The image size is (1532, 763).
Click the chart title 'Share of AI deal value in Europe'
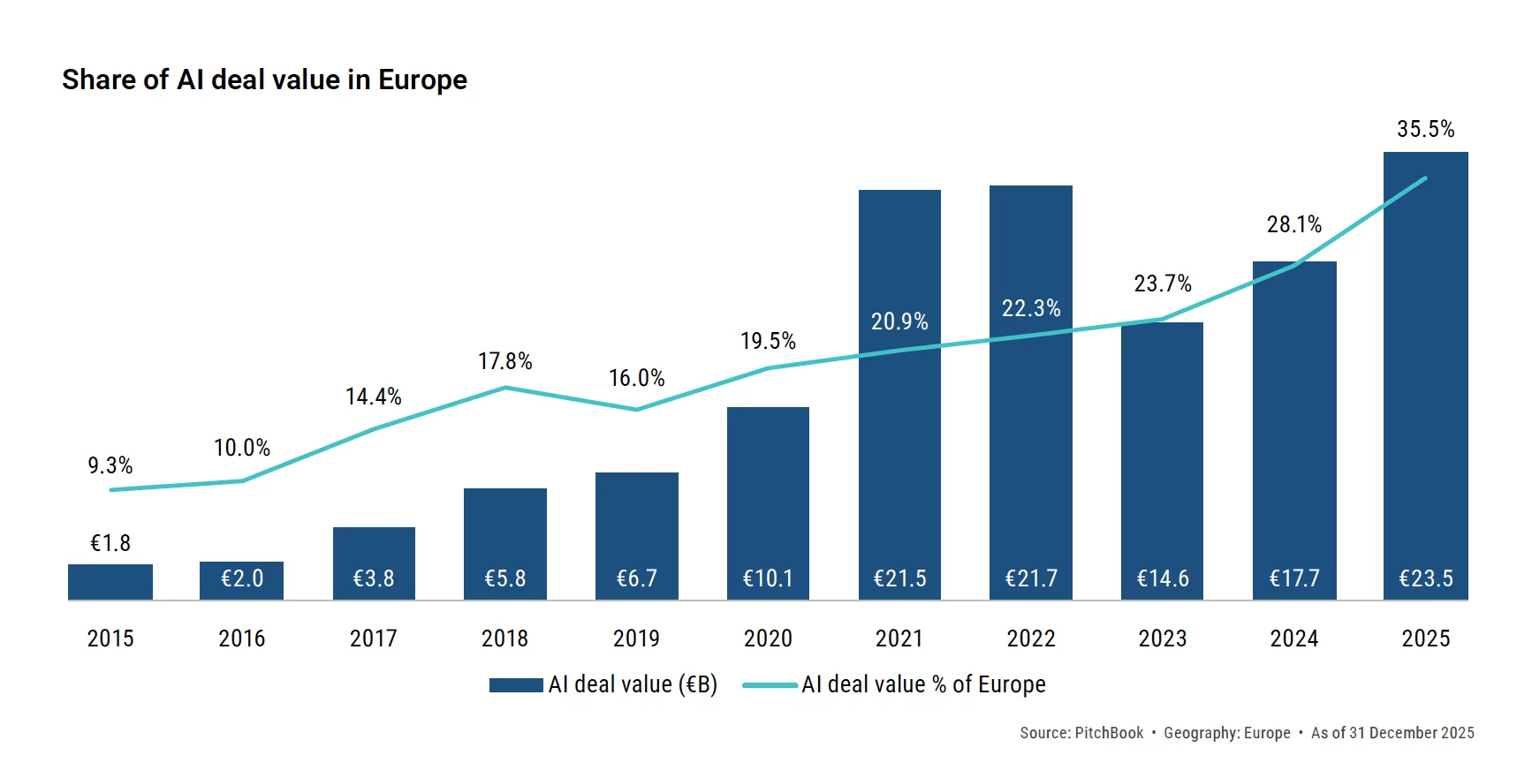click(264, 79)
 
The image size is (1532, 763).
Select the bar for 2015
click(110, 582)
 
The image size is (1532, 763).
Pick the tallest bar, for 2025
click(1425, 371)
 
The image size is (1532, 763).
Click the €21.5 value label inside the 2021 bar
click(899, 578)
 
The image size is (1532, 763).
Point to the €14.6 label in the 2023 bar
click(1162, 578)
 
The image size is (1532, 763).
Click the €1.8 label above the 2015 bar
click(110, 543)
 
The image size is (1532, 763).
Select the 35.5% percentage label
click(1425, 129)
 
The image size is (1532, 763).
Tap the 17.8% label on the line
click(504, 361)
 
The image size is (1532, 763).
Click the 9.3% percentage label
click(110, 465)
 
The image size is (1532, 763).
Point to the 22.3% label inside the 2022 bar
click(1030, 308)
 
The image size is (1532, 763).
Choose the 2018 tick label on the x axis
click(504, 638)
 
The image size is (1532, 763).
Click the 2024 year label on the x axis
click(1293, 638)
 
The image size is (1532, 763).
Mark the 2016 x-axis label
click(241, 638)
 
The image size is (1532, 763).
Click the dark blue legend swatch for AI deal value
click(516, 685)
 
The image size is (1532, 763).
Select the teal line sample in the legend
click(770, 685)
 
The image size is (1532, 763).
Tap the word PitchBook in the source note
click(1109, 733)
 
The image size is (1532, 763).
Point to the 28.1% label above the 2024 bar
click(1293, 224)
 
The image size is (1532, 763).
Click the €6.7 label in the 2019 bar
click(636, 578)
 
